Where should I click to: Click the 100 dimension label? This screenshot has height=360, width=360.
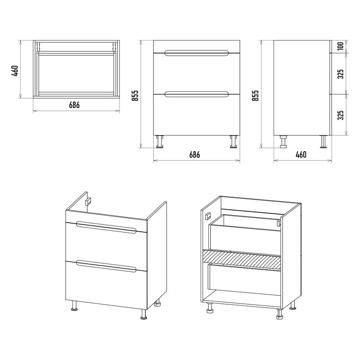point(341,46)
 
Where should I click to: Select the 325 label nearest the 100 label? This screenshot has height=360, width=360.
point(341,74)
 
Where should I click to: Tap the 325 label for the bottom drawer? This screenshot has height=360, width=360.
point(341,115)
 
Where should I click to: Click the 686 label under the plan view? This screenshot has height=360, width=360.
point(74,105)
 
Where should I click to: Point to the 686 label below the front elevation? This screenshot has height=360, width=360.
point(195,155)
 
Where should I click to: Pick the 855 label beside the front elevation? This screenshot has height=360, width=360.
point(135,95)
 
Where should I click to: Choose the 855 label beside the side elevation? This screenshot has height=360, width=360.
point(255,95)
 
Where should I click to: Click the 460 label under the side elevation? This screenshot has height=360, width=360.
point(301,155)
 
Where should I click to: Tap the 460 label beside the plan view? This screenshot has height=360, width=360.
point(15,71)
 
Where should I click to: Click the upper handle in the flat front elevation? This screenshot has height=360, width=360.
point(197,53)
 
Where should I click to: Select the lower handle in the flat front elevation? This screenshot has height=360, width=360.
point(197,94)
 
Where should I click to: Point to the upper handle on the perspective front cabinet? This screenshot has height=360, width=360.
point(106,227)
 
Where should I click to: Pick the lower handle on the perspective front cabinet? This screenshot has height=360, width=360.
point(106,266)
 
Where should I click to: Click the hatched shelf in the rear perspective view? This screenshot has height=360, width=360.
point(242,260)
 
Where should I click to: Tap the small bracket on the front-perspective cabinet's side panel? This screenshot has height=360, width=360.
point(88,202)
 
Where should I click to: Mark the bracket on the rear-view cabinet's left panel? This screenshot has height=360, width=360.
point(208,216)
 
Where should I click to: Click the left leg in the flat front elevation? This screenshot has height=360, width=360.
point(160,142)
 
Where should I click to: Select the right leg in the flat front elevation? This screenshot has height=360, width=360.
point(234,142)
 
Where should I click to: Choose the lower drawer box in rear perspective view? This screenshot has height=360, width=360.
point(244,279)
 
